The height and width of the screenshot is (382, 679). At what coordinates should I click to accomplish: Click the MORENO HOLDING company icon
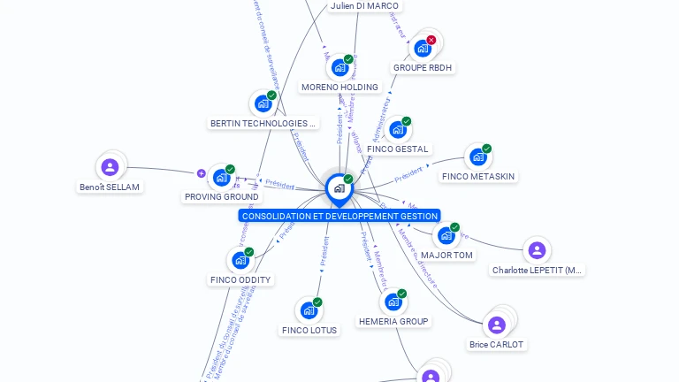point(339,67)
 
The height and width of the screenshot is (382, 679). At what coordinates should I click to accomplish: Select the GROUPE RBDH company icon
point(423,48)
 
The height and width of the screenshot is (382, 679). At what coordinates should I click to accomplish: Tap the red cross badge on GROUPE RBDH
point(431,40)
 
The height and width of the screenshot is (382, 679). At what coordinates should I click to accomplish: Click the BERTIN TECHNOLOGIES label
point(263,123)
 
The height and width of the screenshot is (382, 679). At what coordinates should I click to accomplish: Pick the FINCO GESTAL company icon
point(397,130)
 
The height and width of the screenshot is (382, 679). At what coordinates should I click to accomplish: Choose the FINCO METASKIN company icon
point(477,157)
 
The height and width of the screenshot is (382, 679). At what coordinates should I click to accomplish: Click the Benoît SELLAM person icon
point(110,167)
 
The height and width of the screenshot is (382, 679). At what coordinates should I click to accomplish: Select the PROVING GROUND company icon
point(221,177)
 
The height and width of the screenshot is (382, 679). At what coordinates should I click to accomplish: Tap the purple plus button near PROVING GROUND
point(201,173)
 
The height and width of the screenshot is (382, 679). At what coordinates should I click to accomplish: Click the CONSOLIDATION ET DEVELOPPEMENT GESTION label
point(339,216)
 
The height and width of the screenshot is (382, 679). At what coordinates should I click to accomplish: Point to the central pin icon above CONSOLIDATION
point(339,188)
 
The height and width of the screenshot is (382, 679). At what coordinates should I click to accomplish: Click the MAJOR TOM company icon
point(446,235)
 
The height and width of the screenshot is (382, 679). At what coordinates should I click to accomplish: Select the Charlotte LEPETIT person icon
point(537,250)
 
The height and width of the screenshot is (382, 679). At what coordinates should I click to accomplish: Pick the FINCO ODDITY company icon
point(240,260)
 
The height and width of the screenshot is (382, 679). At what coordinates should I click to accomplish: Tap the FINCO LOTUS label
point(309,330)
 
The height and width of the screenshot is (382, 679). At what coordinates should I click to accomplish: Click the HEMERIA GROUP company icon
point(393,302)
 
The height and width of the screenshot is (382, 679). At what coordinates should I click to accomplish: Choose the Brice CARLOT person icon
point(497,325)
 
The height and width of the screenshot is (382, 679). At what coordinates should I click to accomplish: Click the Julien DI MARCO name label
point(364,6)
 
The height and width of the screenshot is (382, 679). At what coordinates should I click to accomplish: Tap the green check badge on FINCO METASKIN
point(486,149)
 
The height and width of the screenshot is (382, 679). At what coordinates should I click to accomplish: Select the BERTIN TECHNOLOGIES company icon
point(263,103)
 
